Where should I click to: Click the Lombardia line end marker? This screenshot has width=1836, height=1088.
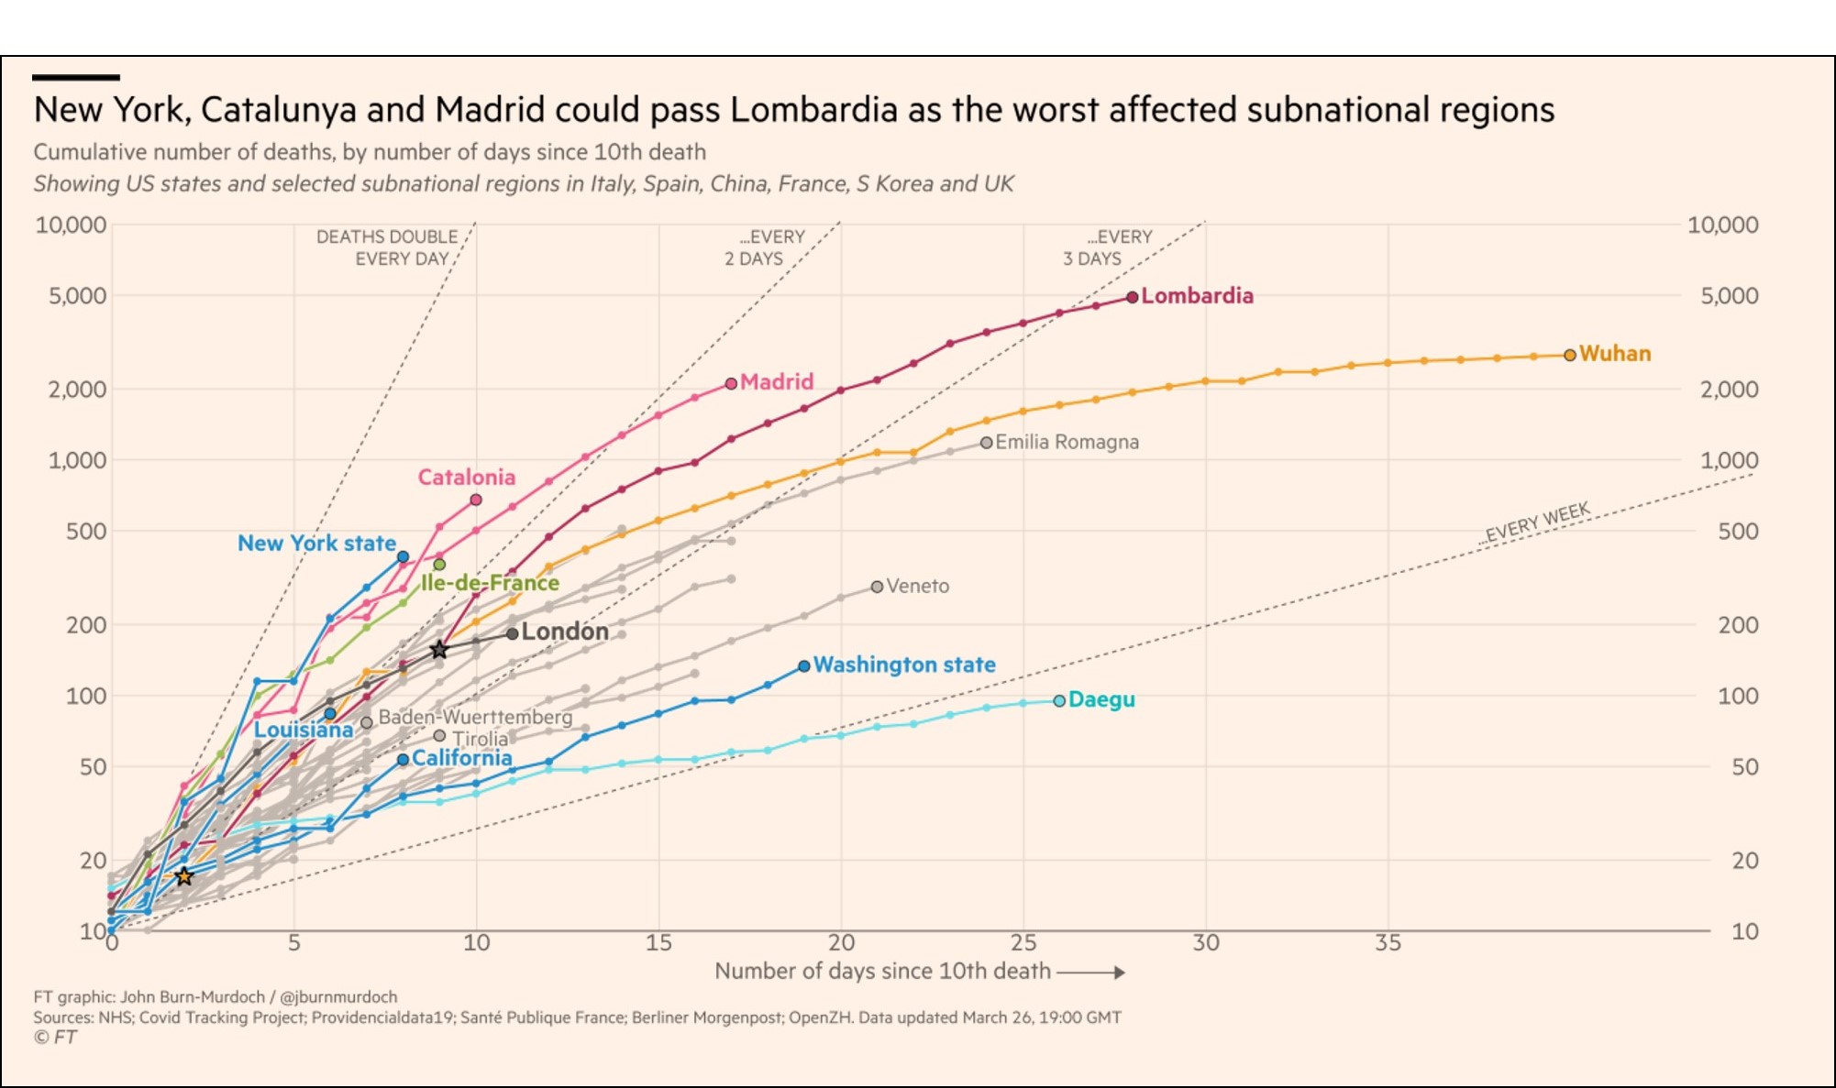[x=1133, y=297]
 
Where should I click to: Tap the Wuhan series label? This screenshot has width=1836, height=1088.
[x=1614, y=354]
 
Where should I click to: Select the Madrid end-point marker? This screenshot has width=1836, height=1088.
[x=731, y=383]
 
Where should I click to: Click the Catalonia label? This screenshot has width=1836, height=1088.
[x=466, y=477]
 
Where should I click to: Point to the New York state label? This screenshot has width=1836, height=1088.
[x=316, y=543]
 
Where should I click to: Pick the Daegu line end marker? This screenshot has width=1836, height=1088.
[x=1059, y=700]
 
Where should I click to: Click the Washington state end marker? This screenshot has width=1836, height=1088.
[x=804, y=666]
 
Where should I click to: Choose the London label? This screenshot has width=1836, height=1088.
[x=564, y=632]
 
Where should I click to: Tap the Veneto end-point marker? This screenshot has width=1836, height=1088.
[x=877, y=587]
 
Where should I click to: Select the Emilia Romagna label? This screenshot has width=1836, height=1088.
[x=1067, y=442]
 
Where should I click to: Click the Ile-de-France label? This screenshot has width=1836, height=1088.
[x=490, y=583]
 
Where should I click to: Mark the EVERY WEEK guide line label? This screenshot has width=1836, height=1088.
[x=1537, y=523]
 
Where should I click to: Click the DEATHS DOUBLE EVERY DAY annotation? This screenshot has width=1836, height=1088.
[x=386, y=247]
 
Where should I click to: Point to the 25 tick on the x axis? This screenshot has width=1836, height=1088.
[x=1023, y=942]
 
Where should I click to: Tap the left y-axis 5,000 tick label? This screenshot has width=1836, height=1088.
[x=78, y=296]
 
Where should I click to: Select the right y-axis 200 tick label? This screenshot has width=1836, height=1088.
[x=1738, y=625]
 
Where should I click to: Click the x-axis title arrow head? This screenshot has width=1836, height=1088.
[x=1120, y=973]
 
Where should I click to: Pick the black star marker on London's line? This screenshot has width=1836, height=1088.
[x=439, y=650]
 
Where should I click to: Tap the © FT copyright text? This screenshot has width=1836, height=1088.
[x=55, y=1037]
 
